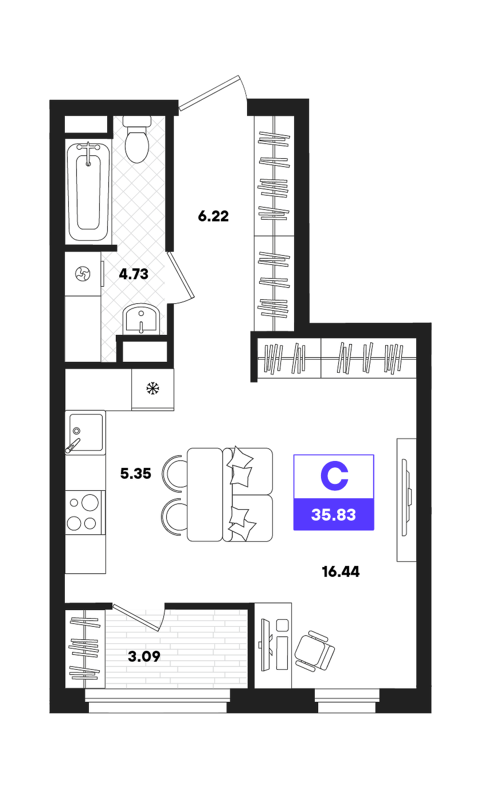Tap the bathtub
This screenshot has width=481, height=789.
click(x=88, y=192)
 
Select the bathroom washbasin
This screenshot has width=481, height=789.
click(x=141, y=318)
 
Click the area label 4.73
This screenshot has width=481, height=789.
click(x=134, y=274)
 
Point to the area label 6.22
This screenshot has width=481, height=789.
click(x=213, y=216)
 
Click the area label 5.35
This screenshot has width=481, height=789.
click(x=135, y=474)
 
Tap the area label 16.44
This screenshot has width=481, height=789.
click(x=341, y=571)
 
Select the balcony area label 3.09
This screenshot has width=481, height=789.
click(x=144, y=656)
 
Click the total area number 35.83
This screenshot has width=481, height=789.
click(x=334, y=514)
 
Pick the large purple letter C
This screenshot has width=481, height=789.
click(x=334, y=476)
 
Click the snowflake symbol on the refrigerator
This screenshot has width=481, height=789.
click(x=153, y=389)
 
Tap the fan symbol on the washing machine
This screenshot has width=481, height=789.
click(x=83, y=274)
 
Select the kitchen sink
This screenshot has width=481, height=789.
click(x=85, y=432)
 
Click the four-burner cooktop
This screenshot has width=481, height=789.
click(x=85, y=513)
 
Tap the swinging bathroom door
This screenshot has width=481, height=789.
click(x=181, y=277)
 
